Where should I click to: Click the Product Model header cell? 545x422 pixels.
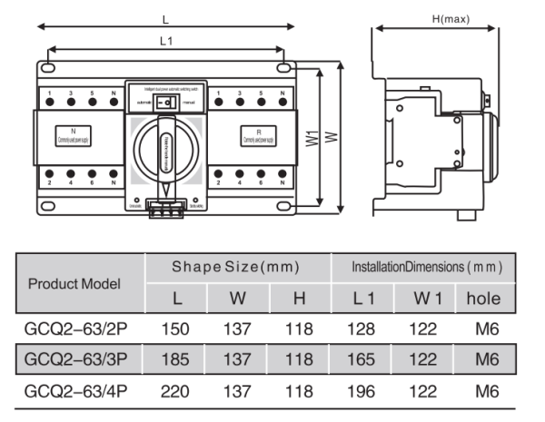[x=77, y=282]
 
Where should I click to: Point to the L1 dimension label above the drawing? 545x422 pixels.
[x=166, y=40]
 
